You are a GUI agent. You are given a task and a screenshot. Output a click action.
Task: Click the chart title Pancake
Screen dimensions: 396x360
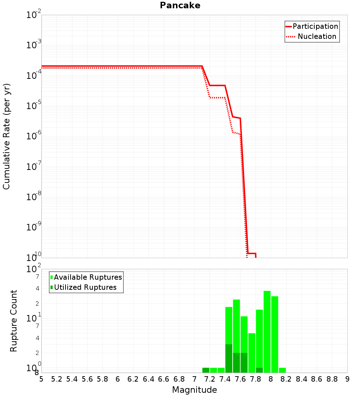click(180, 5)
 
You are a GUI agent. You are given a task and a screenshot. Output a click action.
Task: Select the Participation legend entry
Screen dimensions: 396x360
click(315, 26)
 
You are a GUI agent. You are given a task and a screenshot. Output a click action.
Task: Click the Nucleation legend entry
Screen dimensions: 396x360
click(317, 36)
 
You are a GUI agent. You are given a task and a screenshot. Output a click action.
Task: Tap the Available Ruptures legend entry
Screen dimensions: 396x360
click(88, 277)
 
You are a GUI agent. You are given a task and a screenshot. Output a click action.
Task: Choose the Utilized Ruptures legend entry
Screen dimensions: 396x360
click(85, 287)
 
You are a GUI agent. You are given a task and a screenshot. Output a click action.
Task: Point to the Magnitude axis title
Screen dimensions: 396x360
click(194, 390)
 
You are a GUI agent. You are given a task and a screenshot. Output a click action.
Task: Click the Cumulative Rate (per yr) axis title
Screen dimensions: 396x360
click(6, 136)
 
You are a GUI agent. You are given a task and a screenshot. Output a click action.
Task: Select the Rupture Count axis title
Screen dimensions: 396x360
click(14, 321)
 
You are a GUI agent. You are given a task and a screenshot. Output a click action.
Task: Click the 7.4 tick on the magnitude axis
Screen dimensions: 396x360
click(225, 379)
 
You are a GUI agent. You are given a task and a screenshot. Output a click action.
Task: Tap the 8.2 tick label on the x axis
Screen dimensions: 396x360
click(286, 379)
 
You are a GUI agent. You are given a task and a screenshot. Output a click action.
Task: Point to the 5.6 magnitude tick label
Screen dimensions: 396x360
click(87, 379)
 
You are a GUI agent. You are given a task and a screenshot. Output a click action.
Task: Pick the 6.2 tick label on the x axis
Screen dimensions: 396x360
click(133, 379)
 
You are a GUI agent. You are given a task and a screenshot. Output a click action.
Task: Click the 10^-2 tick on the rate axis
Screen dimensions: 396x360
click(34, 15)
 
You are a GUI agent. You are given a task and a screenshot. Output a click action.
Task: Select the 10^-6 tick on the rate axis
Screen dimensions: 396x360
click(34, 136)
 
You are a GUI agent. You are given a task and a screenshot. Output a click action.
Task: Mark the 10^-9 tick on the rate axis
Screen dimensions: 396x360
click(34, 227)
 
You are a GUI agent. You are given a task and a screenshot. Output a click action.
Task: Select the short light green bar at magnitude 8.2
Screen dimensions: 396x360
click(282, 370)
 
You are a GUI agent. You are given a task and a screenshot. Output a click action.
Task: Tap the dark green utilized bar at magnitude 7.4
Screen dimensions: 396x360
click(229, 358)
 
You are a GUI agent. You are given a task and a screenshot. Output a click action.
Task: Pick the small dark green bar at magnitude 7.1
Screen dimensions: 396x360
click(206, 370)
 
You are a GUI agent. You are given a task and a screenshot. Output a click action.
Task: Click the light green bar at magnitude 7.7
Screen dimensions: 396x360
click(252, 353)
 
